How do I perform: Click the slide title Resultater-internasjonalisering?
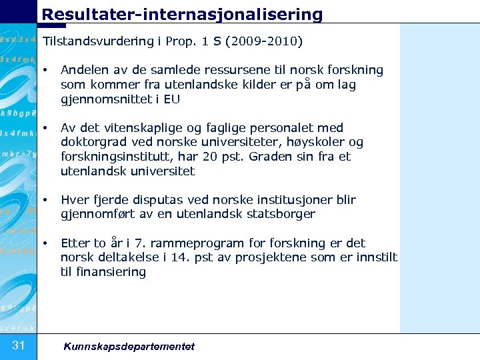(182, 13)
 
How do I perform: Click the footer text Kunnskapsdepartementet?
(129, 346)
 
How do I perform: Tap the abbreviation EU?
(172, 99)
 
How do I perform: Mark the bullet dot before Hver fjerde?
(46, 200)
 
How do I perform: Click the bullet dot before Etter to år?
(46, 243)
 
